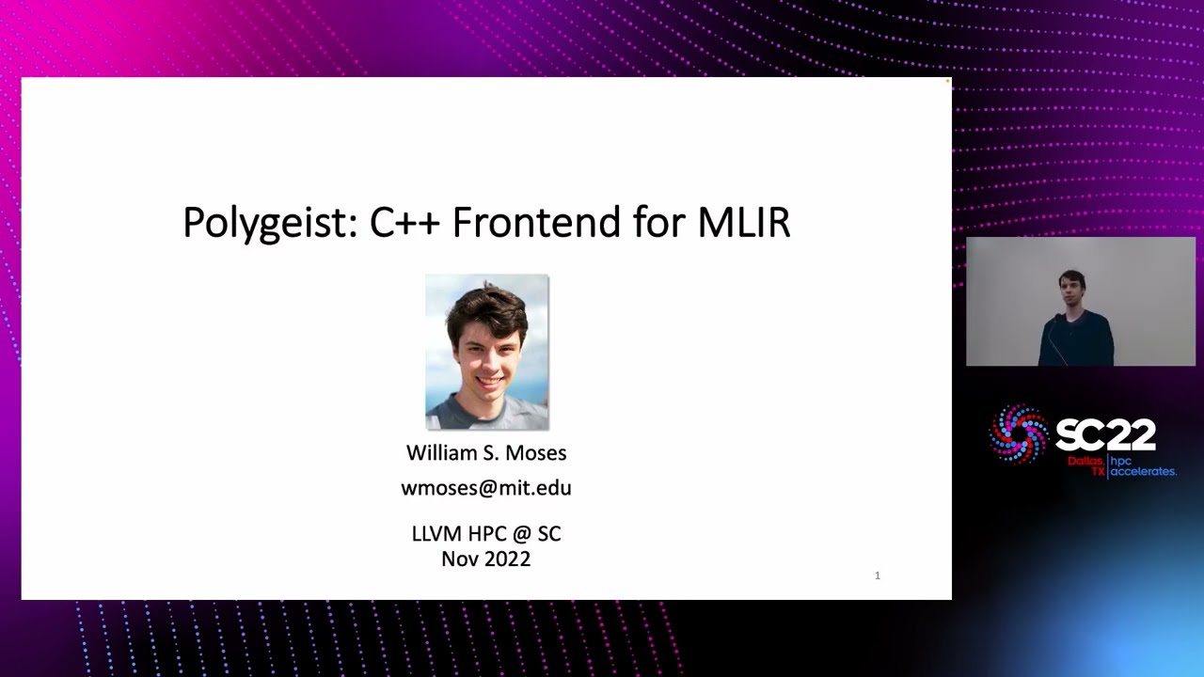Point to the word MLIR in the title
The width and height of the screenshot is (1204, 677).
click(743, 223)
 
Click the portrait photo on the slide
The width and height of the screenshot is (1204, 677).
click(486, 353)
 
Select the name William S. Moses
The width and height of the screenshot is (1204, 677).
click(486, 453)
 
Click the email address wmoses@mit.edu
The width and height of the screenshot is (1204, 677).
click(486, 488)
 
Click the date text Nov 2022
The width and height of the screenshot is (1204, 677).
click(486, 559)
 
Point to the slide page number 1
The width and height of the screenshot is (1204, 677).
click(878, 575)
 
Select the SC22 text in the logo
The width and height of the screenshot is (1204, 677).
click(1105, 435)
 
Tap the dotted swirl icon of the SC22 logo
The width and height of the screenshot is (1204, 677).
click(1018, 434)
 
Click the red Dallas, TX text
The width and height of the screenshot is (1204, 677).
click(1086, 465)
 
